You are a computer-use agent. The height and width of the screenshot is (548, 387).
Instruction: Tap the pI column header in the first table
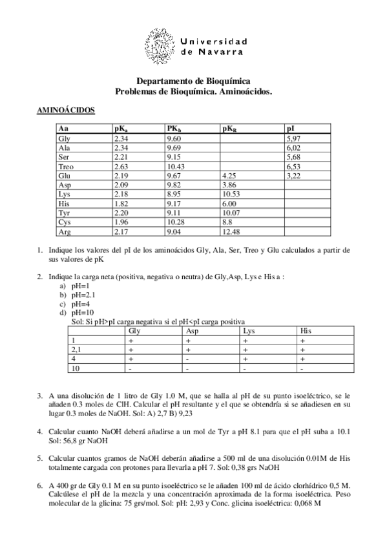tap(290, 129)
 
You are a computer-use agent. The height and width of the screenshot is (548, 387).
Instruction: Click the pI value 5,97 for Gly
tap(294, 138)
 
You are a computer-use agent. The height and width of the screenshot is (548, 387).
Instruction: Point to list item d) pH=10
tap(80, 312)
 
